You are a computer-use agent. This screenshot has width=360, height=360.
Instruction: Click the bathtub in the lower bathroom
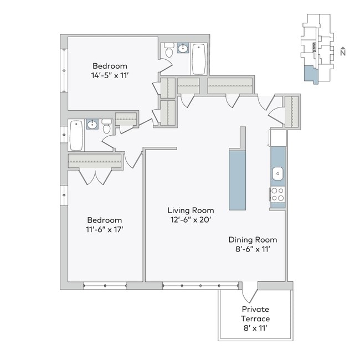[76, 135]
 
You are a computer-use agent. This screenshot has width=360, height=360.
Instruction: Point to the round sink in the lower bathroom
[92, 125]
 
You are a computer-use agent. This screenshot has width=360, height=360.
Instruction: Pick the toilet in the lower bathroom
[107, 127]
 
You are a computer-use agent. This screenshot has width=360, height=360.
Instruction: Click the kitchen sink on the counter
[277, 174]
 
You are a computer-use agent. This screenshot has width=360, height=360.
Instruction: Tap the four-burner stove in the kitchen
[277, 194]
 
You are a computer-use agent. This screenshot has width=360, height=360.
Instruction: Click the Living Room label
[191, 210]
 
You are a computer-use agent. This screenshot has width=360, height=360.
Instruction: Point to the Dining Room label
[253, 240]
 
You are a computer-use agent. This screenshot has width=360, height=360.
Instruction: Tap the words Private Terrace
[255, 314]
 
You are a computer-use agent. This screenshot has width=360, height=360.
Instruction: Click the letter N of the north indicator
[343, 53]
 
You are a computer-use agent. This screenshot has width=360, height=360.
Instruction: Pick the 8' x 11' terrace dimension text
[255, 329]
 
